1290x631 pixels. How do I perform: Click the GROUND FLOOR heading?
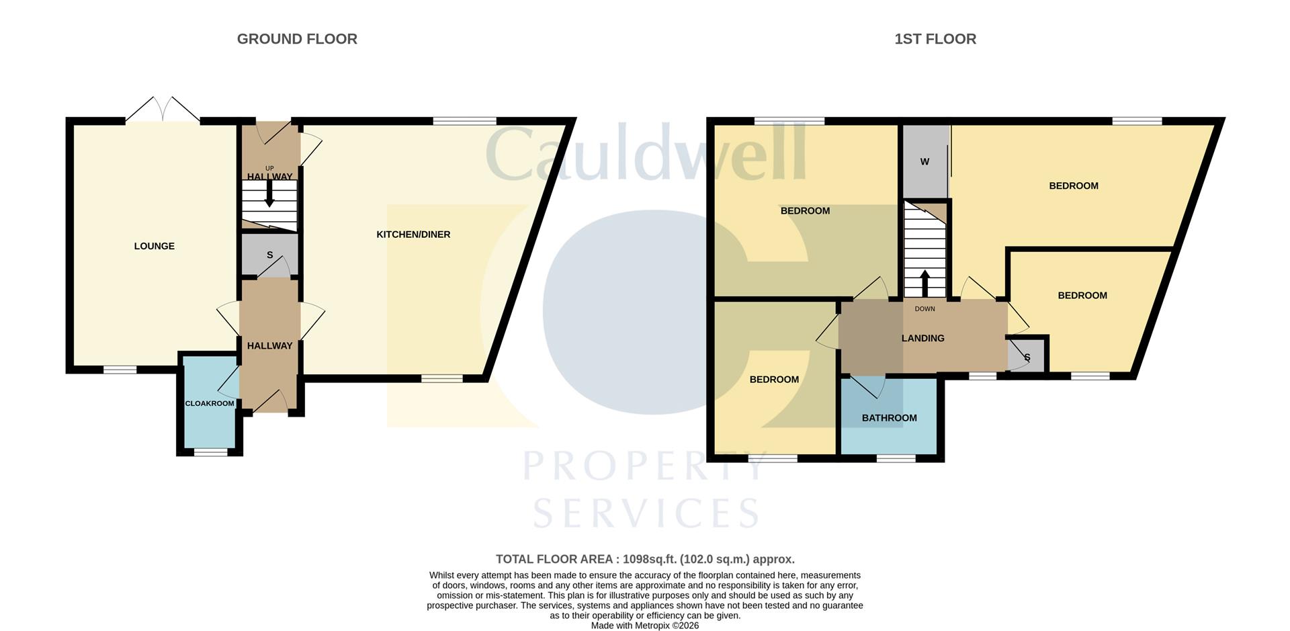[x=297, y=39]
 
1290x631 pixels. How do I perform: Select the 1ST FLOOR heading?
[x=935, y=39]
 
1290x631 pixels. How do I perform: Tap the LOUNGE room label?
[x=154, y=246]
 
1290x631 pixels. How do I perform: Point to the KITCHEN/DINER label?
[x=413, y=235]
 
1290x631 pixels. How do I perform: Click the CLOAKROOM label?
[x=210, y=403]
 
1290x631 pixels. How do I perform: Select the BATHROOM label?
[x=889, y=418]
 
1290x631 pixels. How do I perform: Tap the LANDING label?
[x=922, y=338]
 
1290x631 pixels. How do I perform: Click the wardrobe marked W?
[x=924, y=162]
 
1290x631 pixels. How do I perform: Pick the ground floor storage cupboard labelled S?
[x=269, y=255]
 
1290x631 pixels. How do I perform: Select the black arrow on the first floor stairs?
[x=924, y=282]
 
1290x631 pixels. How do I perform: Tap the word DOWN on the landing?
[x=924, y=309]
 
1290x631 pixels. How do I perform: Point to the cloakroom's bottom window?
[x=210, y=453]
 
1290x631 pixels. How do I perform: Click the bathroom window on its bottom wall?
[x=896, y=458]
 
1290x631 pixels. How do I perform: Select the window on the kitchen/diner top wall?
[x=464, y=121]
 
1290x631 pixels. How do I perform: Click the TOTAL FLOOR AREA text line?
[x=645, y=559]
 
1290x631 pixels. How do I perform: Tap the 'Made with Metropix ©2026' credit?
[x=645, y=626]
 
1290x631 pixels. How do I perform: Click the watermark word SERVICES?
[x=646, y=513]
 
